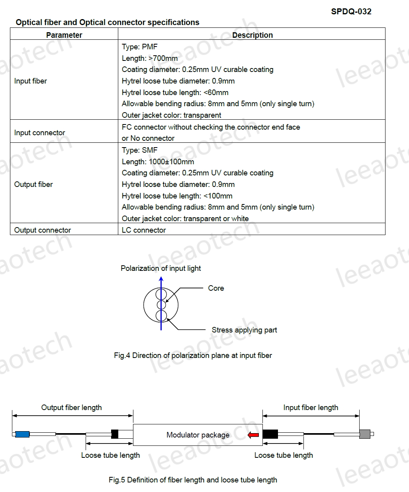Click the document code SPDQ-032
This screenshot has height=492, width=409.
(x=351, y=12)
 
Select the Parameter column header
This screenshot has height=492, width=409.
(x=64, y=35)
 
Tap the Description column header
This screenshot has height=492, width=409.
(x=252, y=35)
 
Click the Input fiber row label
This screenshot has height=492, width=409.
(x=31, y=81)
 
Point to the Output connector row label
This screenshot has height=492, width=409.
(x=43, y=230)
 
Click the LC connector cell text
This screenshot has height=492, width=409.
(x=144, y=230)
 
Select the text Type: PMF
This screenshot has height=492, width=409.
(x=140, y=47)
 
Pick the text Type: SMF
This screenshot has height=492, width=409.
(x=140, y=150)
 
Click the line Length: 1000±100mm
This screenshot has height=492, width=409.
(x=158, y=162)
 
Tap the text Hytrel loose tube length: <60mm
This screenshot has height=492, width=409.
(x=175, y=93)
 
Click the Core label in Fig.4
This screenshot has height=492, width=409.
(x=216, y=288)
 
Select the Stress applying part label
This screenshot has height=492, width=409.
(x=244, y=330)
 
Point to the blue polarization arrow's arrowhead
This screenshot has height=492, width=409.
(x=161, y=279)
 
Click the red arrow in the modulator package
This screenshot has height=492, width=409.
(x=253, y=435)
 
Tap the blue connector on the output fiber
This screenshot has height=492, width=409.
(x=22, y=434)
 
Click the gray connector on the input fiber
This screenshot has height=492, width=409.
(x=365, y=434)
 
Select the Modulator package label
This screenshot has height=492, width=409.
(x=198, y=435)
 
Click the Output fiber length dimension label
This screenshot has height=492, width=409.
(x=72, y=408)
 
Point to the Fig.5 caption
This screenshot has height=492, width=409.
(x=193, y=480)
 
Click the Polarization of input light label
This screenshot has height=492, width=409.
(x=161, y=268)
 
